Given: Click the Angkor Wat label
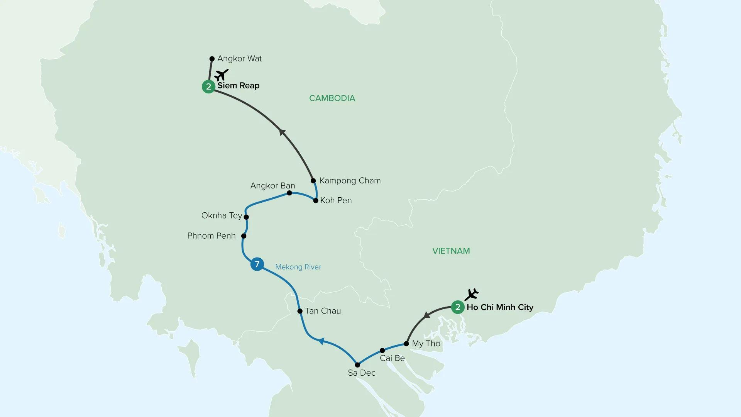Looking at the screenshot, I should pos(239,59).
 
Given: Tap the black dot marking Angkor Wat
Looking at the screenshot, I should pos(212,59).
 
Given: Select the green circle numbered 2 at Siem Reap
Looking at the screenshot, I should pos(208,86).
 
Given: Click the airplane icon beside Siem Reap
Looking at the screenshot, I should pos(222,75).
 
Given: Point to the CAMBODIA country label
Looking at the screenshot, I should pos(332,98).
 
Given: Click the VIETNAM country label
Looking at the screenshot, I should pos(451,251).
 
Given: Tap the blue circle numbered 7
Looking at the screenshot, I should pos(257,264).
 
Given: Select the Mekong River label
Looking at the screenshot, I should pos(298,267).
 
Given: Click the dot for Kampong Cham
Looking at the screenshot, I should pos(313,181).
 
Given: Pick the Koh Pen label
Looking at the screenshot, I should pos(336,200).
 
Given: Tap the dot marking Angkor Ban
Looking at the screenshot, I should pos(289,193).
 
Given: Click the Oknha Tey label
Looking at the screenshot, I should pos(222,215).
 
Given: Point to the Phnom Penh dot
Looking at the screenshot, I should pos(244,236).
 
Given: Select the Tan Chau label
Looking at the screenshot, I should pos(323,311).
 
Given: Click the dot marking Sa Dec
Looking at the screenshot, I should pos(357,365).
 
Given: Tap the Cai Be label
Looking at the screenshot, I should pos(392,358).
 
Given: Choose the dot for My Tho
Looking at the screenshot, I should pos(406,344).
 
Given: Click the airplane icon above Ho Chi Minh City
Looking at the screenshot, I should pos(472,294).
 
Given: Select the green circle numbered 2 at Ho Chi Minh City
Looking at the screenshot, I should pos(458,307).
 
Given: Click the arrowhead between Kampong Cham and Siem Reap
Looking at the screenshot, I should pos(282,132).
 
